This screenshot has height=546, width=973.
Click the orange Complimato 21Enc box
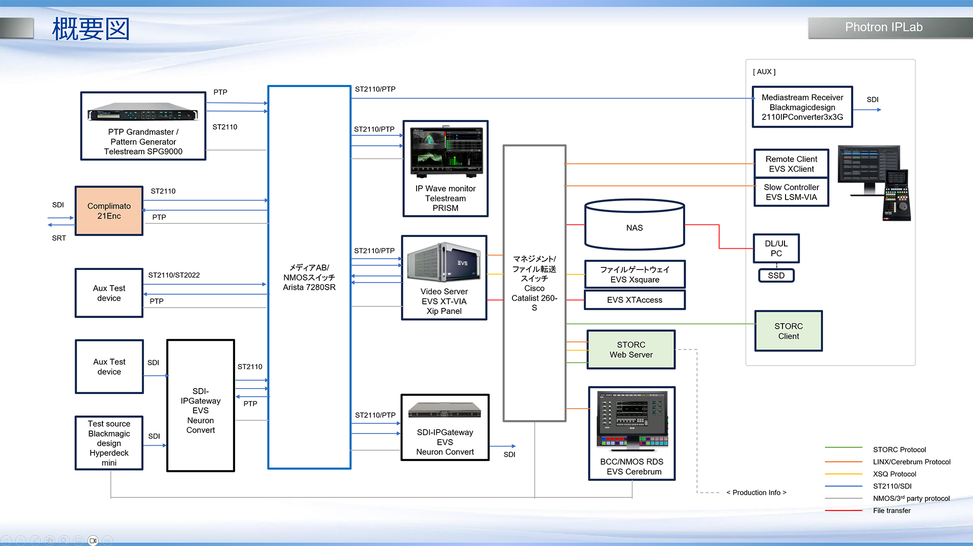coord(109,211)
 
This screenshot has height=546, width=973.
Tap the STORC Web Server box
coord(631,349)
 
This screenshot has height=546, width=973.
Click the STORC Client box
coord(788,331)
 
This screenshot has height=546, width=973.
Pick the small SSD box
coord(776,275)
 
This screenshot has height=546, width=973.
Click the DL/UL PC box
coord(776,248)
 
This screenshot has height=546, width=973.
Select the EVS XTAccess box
coord(634,300)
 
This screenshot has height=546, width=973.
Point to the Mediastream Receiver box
coord(802,107)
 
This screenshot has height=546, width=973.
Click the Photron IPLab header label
coord(883,27)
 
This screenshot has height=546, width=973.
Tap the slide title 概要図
coord(91,29)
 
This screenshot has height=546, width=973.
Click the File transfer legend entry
coord(891,511)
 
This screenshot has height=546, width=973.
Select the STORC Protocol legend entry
coord(899,450)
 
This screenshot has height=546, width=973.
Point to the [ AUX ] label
coord(764,72)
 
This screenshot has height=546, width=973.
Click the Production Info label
coord(756,492)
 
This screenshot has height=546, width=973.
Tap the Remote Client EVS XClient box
coord(791,164)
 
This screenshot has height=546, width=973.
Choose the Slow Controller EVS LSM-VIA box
coord(791,192)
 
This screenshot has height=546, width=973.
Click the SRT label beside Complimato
coord(59,238)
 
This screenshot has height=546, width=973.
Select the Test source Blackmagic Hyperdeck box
coord(109,443)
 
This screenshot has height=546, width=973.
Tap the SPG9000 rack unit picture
coord(142,113)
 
